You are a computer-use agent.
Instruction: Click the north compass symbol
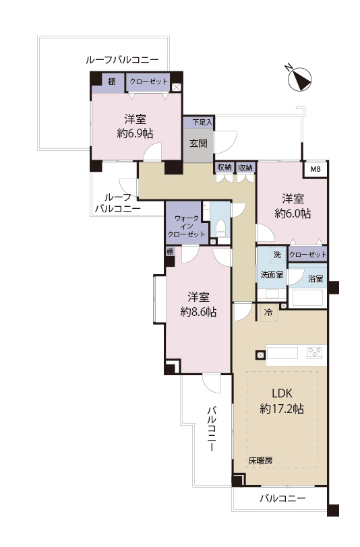pyautogui.click(x=299, y=79)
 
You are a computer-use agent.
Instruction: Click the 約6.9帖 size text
pyautogui.click(x=136, y=133)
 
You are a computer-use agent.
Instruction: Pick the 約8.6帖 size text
pyautogui.click(x=199, y=312)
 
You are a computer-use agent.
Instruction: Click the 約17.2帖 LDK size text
pyautogui.click(x=284, y=408)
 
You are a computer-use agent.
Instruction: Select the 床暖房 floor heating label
pyautogui.click(x=260, y=461)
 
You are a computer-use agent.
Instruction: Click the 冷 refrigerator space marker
pyautogui.click(x=268, y=313)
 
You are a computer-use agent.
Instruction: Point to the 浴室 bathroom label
pyautogui.click(x=315, y=277)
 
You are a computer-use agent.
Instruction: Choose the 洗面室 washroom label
pyautogui.click(x=272, y=276)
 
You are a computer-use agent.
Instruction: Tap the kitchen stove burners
pyautogui.click(x=315, y=352)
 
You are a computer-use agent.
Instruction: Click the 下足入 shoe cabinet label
pyautogui.click(x=202, y=123)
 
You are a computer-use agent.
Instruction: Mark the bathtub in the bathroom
pyautogui.click(x=309, y=297)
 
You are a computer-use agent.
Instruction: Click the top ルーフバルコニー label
pyautogui.click(x=122, y=60)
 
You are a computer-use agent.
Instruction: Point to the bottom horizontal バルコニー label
pyautogui.click(x=282, y=499)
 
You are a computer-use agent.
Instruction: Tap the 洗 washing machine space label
pyautogui.click(x=276, y=255)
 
